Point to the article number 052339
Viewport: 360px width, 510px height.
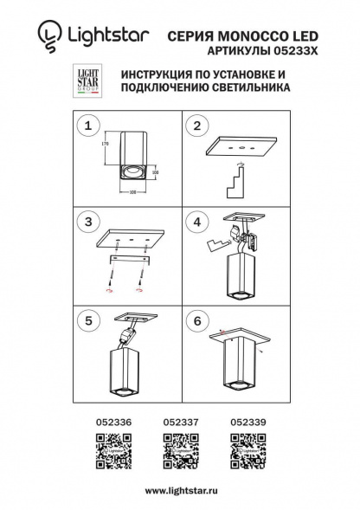pyautogui.click(x=248, y=422)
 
